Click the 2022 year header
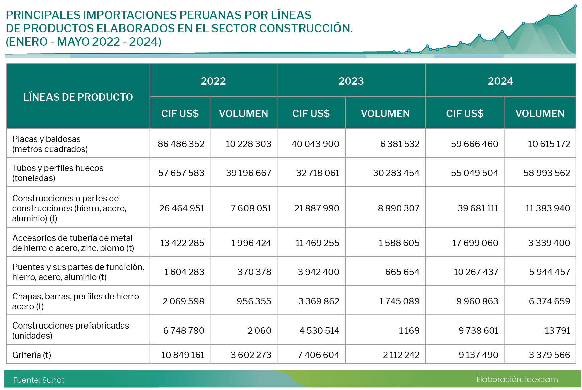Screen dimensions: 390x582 (213, 81)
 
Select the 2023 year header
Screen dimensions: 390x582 (351, 81)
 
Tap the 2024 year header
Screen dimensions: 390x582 (500, 81)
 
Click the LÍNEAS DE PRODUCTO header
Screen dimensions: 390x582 (78, 97)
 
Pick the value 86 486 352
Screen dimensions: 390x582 (181, 144)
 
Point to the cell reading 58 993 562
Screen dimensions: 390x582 (547, 173)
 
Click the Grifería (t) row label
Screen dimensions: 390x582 (31, 355)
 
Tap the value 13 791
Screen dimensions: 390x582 (557, 330)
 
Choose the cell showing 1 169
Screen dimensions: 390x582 (409, 330)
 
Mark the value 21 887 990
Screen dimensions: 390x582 (317, 208)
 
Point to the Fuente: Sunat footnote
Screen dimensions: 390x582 (39, 380)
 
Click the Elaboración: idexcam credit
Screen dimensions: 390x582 (517, 379)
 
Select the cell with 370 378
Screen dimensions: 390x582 (254, 272)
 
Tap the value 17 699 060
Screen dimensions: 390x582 (475, 243)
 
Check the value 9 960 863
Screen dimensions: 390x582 (477, 301)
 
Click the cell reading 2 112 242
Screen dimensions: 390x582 (401, 355)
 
